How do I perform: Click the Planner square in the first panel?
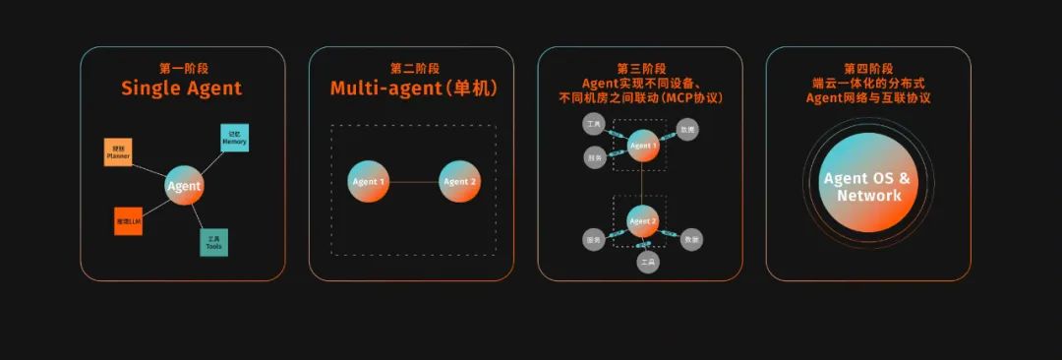[x=118, y=152]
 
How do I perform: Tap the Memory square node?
[x=234, y=138]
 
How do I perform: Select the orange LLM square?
[x=129, y=221]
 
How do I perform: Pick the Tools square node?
[x=213, y=242]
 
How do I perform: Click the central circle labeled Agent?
[x=184, y=185]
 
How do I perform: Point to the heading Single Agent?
[x=182, y=89]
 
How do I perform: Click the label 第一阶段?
[x=182, y=69]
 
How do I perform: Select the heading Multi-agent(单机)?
[x=413, y=89]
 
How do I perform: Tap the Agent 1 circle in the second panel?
[x=368, y=182]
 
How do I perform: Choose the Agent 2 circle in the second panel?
[x=458, y=182]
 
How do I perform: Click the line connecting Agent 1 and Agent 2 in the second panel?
[x=413, y=182]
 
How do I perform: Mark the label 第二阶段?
[x=413, y=69]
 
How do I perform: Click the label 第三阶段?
[x=641, y=69]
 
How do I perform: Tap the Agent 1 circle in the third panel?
[x=642, y=146]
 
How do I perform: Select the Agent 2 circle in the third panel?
[x=642, y=221]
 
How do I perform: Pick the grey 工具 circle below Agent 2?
[x=647, y=263]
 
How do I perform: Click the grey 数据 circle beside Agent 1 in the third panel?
[x=688, y=130]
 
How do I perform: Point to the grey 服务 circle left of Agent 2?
[x=593, y=239]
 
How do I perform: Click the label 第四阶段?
[x=868, y=69]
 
